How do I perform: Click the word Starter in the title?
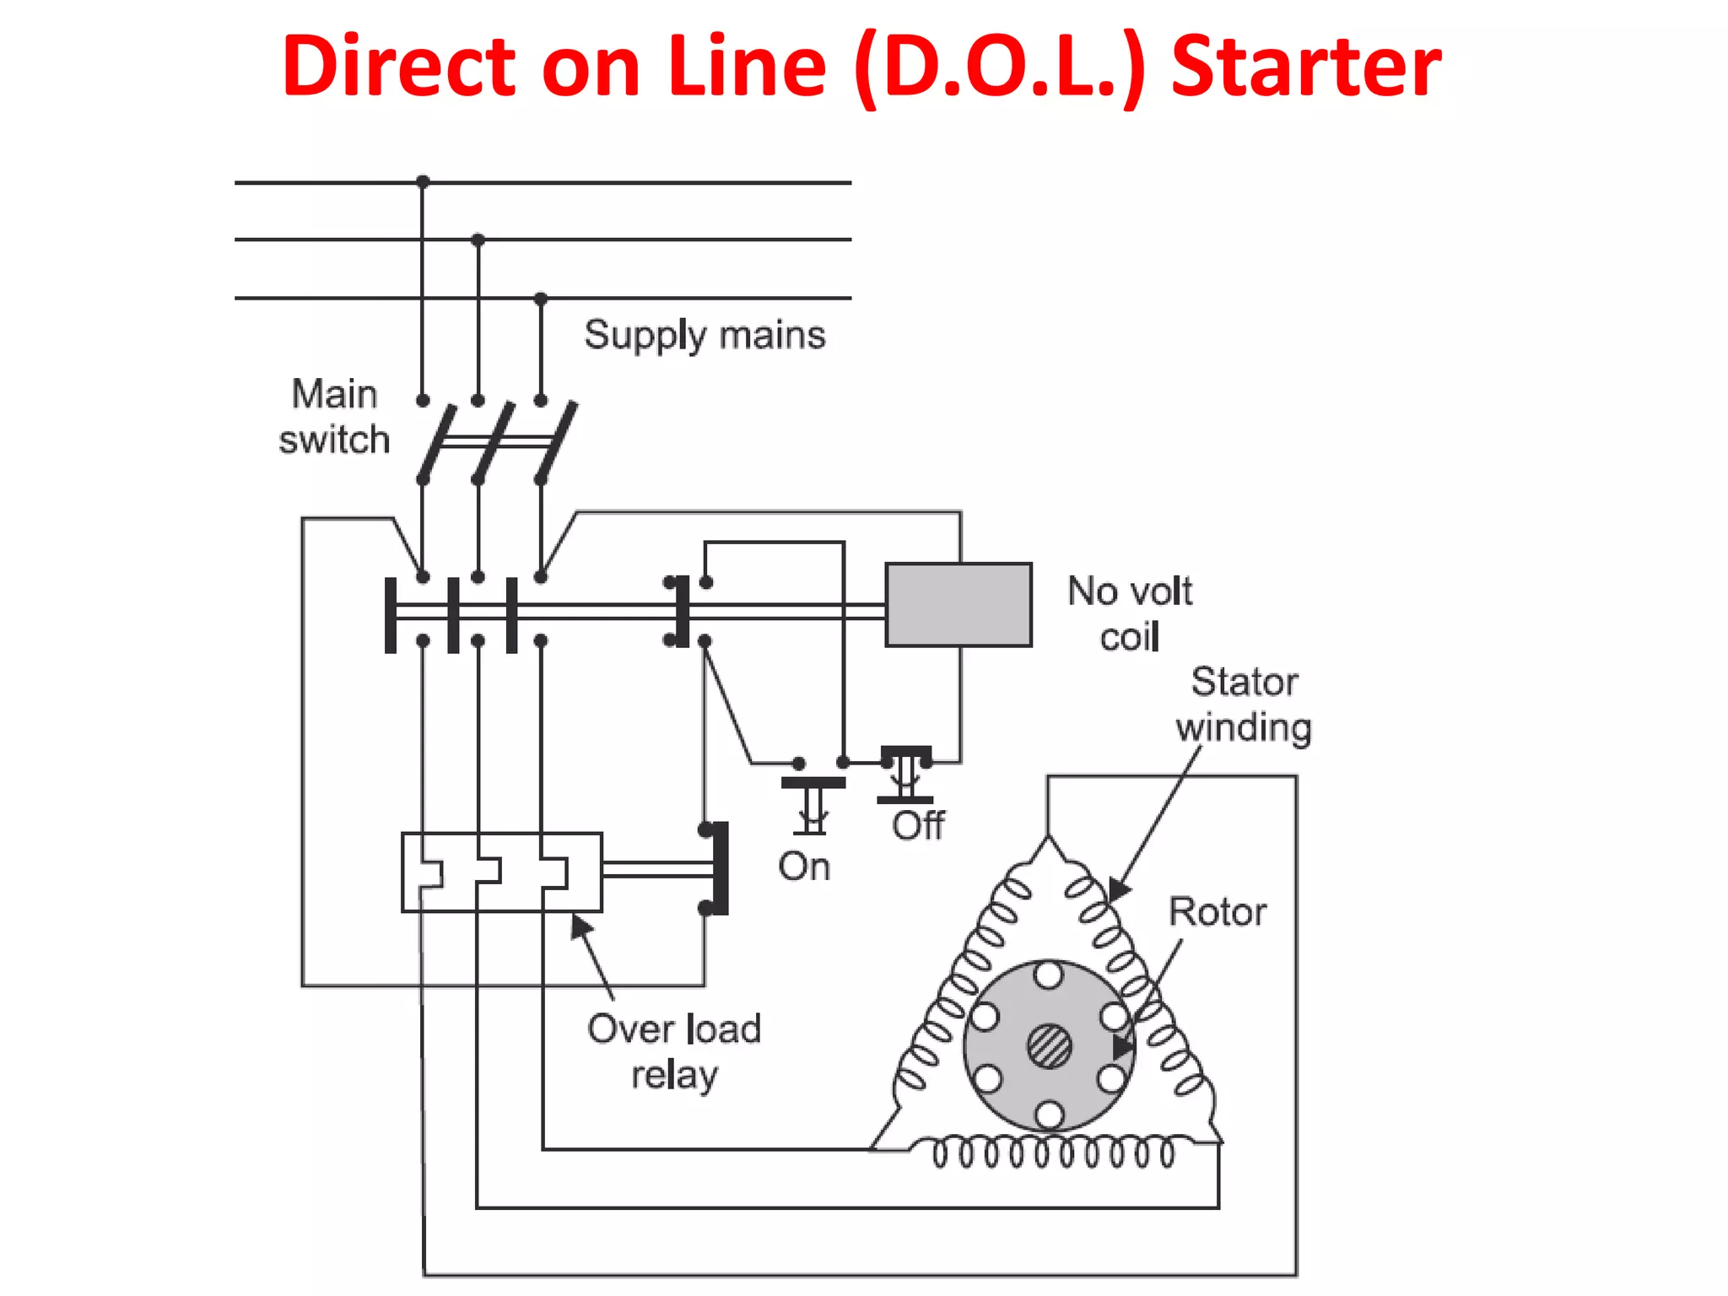pos(1306,67)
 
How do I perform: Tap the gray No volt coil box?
pos(958,604)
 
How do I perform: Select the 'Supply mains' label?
pos(705,335)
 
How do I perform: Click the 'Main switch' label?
pos(334,417)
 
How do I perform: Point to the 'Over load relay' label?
pos(674,1051)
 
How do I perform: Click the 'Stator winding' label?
pos(1244,705)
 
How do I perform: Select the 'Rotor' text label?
pos(1217,912)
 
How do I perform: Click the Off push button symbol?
pos(905,772)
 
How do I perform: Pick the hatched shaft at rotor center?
pos(1049,1046)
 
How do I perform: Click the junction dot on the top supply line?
pos(423,181)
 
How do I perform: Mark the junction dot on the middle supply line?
pos(478,240)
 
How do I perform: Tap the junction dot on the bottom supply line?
pos(541,298)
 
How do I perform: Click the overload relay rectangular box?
pos(501,872)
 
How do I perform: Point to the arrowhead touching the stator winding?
pos(1118,889)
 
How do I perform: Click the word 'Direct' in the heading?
pos(397,67)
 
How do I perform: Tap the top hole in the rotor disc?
pos(1048,976)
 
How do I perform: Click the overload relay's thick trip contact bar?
pos(720,868)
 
